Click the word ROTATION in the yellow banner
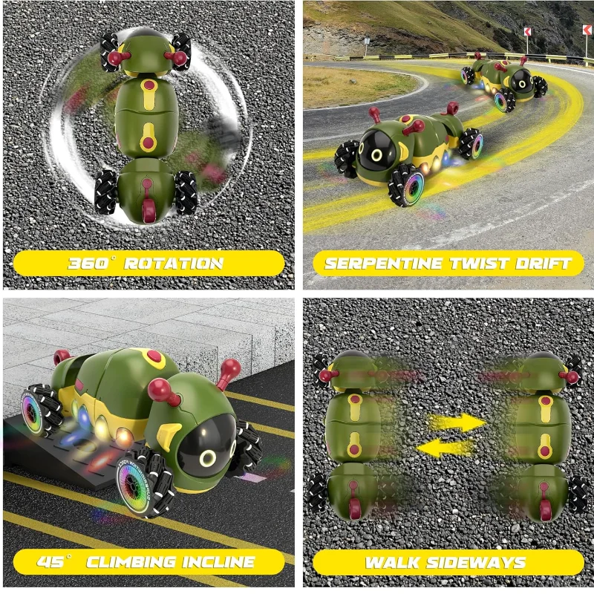pyautogui.click(x=174, y=264)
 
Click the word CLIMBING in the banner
pyautogui.click(x=132, y=562)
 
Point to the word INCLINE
pyautogui.click(x=218, y=562)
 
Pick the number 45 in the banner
pyautogui.click(x=50, y=562)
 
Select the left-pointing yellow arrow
pyautogui.click(x=446, y=448)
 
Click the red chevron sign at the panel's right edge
pyautogui.click(x=587, y=30)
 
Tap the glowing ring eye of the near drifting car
pyautogui.click(x=377, y=155)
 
